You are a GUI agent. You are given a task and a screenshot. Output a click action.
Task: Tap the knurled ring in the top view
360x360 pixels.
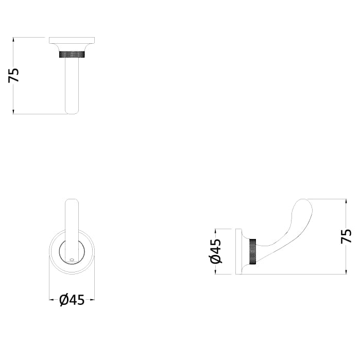tap(72, 54)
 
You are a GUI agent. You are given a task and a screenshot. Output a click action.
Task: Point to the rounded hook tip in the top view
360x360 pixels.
tap(72, 110)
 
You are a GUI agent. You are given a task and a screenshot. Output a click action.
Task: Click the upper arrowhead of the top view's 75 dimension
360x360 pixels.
tap(14, 39)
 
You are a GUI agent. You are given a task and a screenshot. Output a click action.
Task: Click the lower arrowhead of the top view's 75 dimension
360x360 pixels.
tap(14, 112)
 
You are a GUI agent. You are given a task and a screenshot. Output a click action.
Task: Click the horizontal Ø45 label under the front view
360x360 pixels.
tap(72, 299)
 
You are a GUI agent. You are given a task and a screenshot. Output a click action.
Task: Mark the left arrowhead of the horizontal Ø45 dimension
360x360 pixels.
tap(51, 299)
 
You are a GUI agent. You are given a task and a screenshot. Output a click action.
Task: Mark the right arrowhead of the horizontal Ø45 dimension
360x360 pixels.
tap(93, 299)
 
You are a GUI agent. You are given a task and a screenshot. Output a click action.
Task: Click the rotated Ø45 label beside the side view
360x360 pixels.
tap(216, 251)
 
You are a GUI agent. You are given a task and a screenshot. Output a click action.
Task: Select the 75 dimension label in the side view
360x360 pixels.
tap(346, 236)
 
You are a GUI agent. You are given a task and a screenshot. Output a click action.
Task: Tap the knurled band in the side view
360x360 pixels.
tap(252, 251)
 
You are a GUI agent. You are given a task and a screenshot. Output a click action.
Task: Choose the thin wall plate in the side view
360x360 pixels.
tap(239, 251)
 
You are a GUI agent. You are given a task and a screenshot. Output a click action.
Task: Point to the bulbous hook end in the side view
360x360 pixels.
tap(303, 209)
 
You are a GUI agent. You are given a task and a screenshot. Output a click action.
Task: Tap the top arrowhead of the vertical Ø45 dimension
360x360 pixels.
tap(216, 231)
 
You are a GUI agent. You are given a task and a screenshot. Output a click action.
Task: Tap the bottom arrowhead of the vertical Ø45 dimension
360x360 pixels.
tap(216, 272)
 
